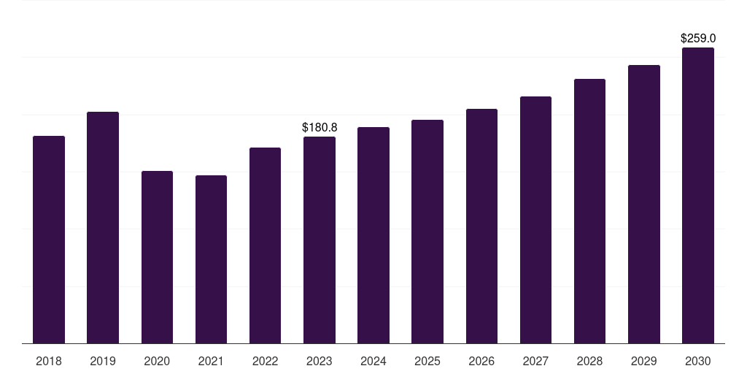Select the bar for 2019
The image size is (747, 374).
point(103,227)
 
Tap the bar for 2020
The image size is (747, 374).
point(157,257)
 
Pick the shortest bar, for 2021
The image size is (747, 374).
point(211,259)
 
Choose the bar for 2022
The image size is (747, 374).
point(265,245)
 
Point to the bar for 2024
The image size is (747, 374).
point(373,235)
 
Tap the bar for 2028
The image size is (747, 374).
point(589,211)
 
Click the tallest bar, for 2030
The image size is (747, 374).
point(698,195)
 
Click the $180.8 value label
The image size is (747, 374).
point(320,128)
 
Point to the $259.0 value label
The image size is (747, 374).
point(698,38)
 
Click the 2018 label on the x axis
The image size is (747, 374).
point(49,361)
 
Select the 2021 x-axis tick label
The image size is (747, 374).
point(211,361)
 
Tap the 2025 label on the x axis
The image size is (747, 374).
point(427,361)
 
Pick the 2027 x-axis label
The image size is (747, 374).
point(535,361)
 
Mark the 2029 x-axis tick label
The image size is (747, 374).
point(644,361)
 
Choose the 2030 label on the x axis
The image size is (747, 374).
point(698,361)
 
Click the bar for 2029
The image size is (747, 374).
point(644,204)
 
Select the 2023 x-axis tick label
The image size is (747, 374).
point(320,361)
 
